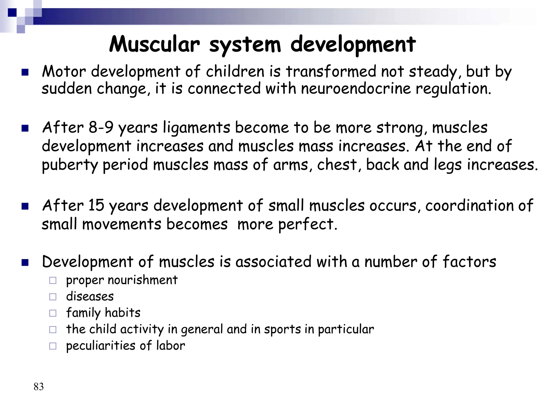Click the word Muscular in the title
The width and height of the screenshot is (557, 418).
154,44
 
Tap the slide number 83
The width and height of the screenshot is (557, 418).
39,387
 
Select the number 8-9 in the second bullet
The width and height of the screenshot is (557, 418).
101,127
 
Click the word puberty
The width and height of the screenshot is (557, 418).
70,165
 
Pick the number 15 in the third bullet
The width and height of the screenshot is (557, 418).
96,205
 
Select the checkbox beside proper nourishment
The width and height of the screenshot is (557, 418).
53,280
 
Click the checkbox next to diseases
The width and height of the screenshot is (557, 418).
53,297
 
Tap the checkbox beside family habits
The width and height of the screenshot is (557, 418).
53,313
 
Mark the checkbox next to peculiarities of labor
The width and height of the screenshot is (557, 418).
53,346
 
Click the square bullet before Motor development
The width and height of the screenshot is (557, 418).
25,72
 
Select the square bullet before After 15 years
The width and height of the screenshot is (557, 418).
25,207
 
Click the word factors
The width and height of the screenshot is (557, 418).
469,262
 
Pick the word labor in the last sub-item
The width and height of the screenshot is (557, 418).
171,346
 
